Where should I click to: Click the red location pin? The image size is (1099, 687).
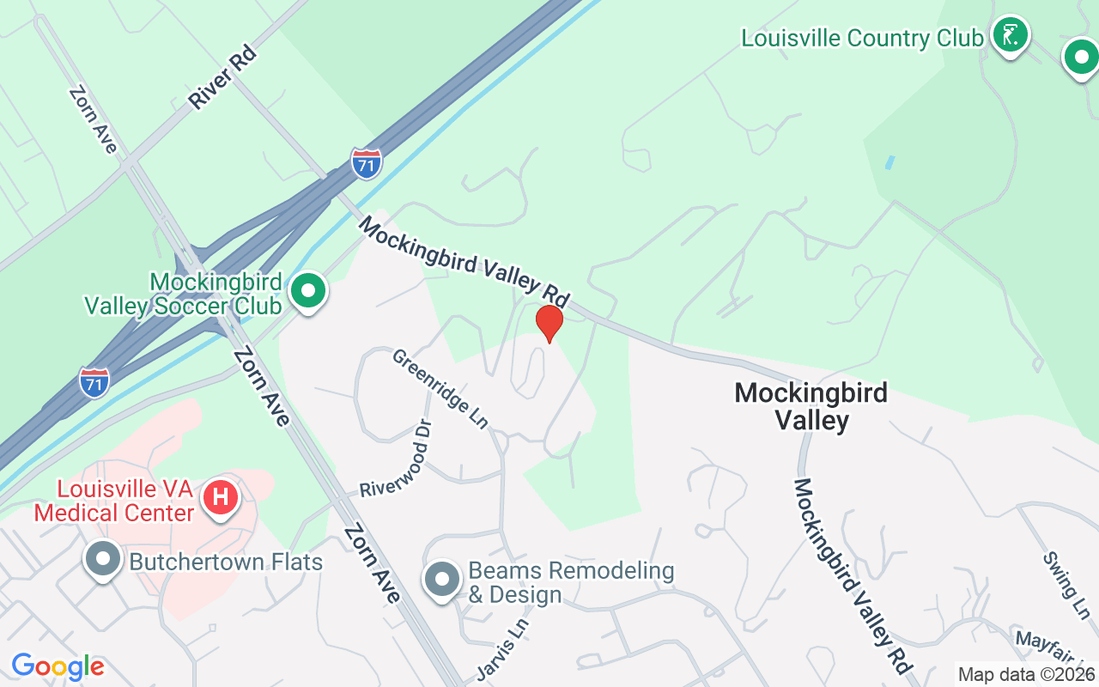click(x=549, y=322)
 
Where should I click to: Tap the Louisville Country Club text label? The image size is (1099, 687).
click(x=862, y=39)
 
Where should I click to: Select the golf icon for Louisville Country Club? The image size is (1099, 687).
click(x=1011, y=35)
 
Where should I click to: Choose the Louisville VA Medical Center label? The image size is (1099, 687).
click(x=125, y=502)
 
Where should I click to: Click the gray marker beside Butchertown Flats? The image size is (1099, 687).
click(x=103, y=559)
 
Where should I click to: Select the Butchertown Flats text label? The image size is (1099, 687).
click(x=226, y=562)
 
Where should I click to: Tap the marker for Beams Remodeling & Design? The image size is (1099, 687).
click(x=442, y=579)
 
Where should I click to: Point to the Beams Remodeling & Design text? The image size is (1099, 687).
click(x=571, y=582)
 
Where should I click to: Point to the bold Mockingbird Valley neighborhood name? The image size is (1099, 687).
click(x=811, y=406)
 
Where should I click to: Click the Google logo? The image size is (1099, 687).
click(x=58, y=666)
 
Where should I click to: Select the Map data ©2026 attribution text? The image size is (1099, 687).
click(x=1026, y=675)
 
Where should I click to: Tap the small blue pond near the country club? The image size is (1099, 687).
click(x=890, y=161)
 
